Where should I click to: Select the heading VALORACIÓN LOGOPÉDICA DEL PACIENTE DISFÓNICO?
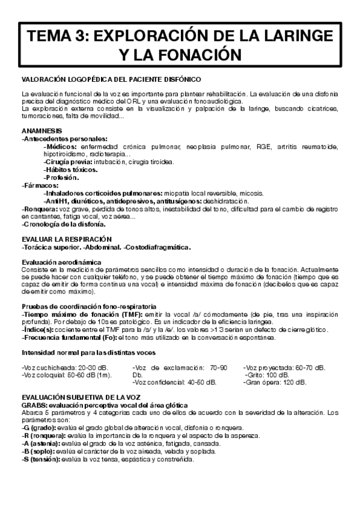(x=111, y=79)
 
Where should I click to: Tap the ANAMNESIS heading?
(x=41, y=131)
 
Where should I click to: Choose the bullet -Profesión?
(x=61, y=177)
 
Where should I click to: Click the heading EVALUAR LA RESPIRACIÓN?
(x=66, y=239)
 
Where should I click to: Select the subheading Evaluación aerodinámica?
(x=62, y=262)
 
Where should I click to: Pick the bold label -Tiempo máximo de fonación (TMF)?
(x=73, y=314)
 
